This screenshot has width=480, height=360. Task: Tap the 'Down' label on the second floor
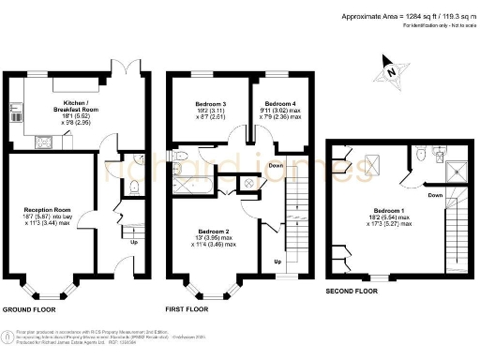pyautogui.click(x=435, y=196)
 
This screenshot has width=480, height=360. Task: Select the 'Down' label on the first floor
pyautogui.click(x=275, y=166)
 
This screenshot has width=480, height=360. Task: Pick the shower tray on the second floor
pyautogui.click(x=457, y=170)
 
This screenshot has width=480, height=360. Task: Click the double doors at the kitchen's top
pyautogui.click(x=127, y=70)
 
